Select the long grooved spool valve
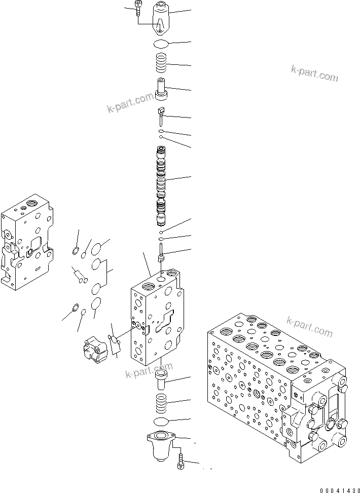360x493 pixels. [161, 185]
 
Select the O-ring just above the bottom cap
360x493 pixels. [162, 422]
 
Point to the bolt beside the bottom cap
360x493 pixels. [181, 462]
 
